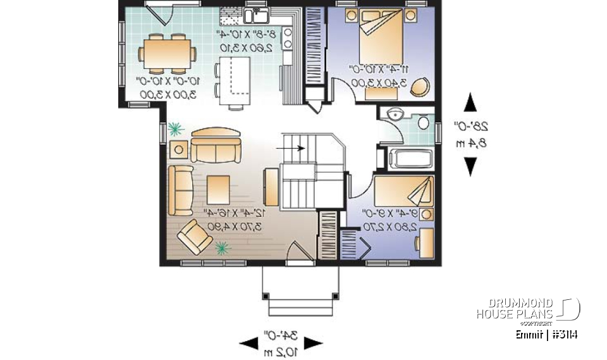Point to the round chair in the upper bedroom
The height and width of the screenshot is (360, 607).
point(419,89)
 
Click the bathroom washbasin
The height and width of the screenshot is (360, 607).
point(395,114)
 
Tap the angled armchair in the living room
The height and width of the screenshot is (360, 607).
point(195,239)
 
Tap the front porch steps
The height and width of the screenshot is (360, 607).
point(300,307)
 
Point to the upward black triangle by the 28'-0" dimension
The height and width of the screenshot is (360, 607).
point(470,102)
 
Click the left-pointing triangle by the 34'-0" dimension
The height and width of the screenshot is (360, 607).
point(248,344)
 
